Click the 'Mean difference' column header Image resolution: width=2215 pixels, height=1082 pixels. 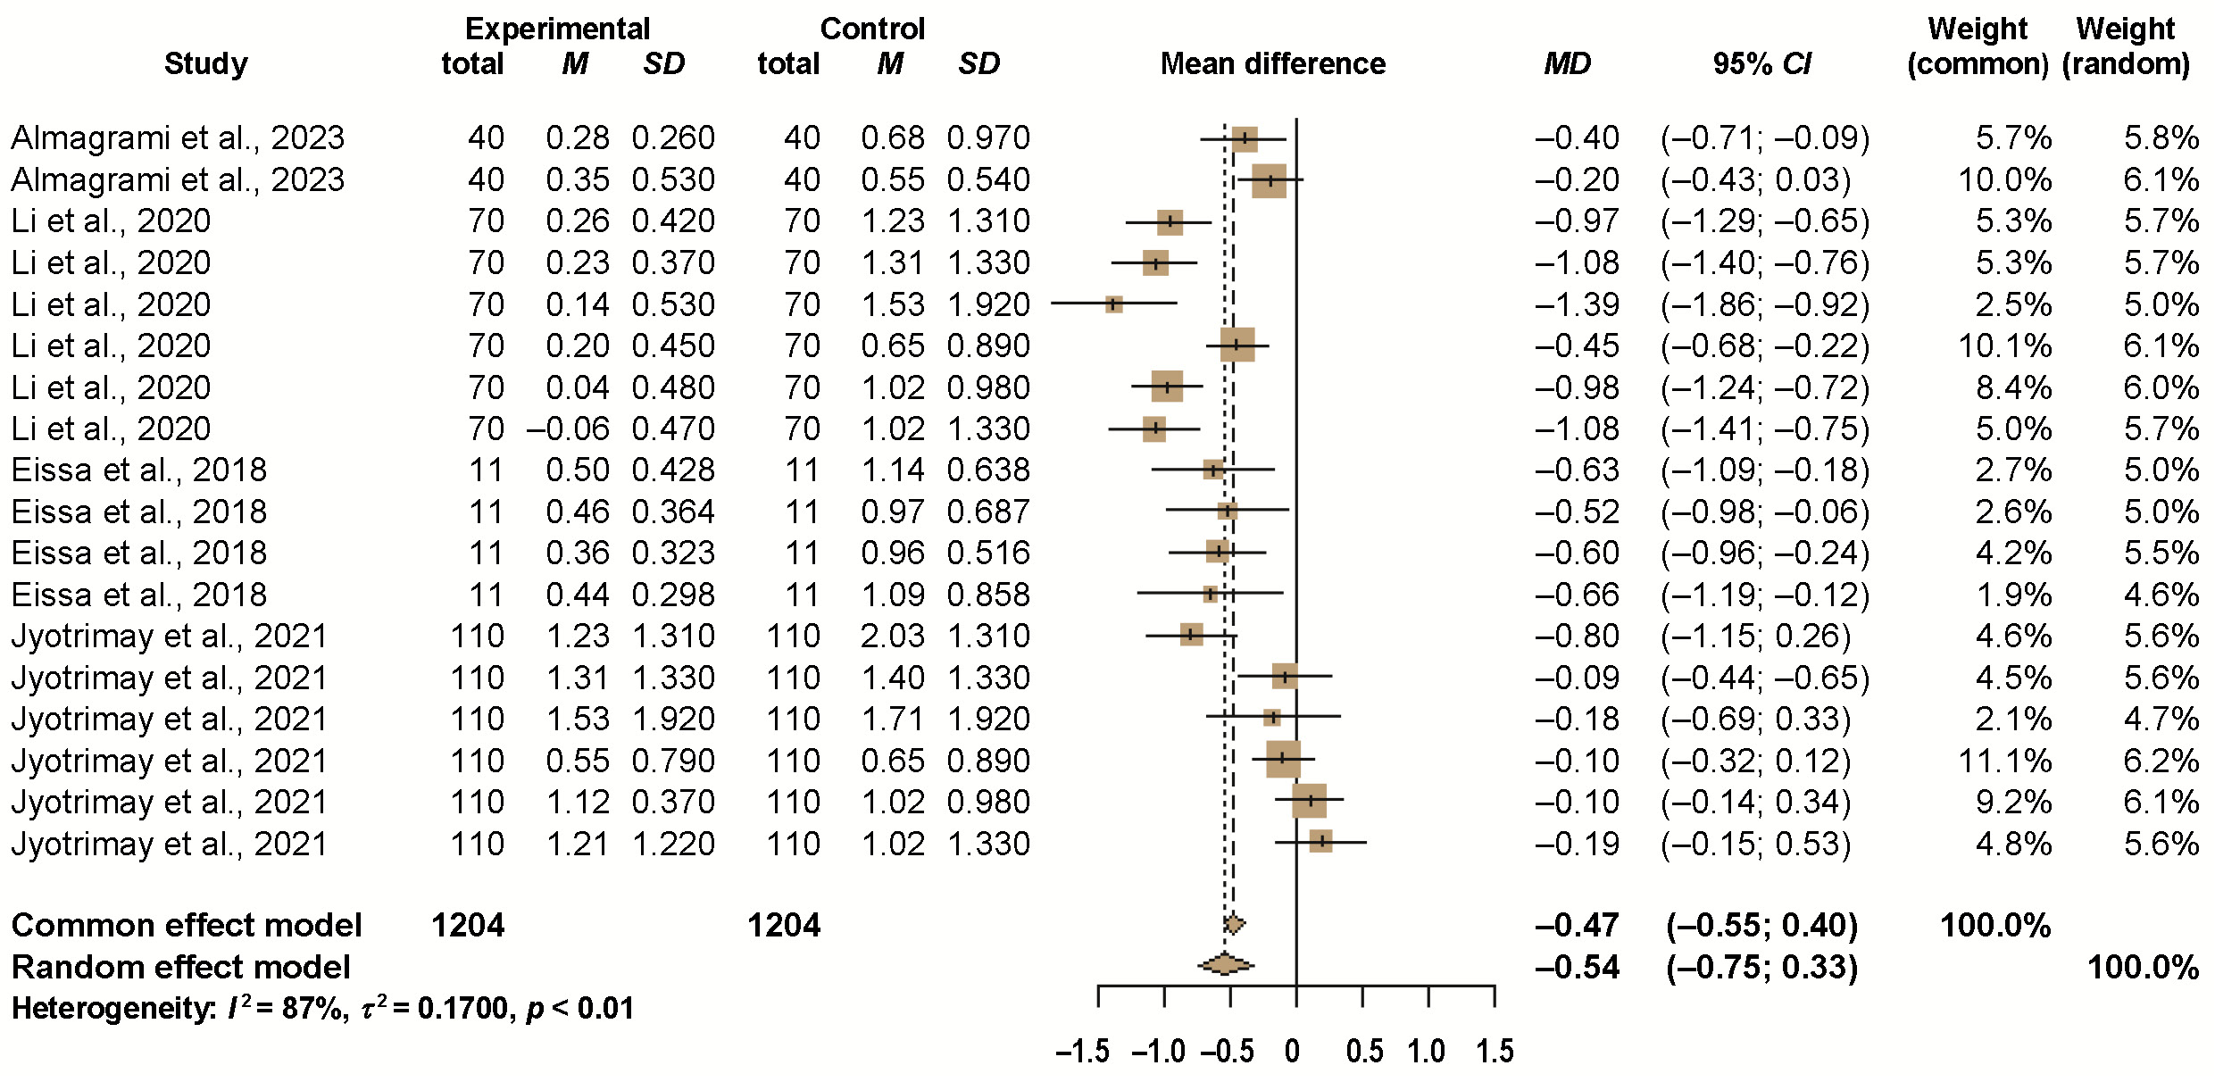click(x=1272, y=63)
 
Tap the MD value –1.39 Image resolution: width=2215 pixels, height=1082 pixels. click(x=1577, y=304)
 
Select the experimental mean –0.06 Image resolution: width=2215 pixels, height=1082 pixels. click(x=568, y=429)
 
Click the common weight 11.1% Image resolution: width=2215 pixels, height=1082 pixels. click(x=2004, y=761)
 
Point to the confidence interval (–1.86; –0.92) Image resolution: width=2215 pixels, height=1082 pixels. click(x=1765, y=304)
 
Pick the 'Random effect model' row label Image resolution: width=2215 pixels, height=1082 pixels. click(x=181, y=967)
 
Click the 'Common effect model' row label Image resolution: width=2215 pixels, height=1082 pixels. click(x=187, y=925)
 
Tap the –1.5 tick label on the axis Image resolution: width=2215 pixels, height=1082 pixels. click(x=1082, y=1051)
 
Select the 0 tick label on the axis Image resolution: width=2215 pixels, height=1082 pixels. click(x=1292, y=1051)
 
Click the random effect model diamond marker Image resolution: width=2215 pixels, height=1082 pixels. click(x=1226, y=964)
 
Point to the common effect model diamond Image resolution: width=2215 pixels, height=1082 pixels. click(x=1234, y=924)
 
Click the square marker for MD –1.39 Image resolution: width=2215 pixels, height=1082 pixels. click(x=1113, y=304)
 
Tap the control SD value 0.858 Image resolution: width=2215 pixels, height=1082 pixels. click(x=988, y=595)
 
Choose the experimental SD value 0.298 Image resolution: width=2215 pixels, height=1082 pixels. click(x=673, y=595)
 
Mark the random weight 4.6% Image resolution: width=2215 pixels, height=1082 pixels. click(x=2161, y=595)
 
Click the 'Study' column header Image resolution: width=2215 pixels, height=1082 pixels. click(x=205, y=64)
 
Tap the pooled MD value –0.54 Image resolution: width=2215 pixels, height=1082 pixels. click(x=1577, y=967)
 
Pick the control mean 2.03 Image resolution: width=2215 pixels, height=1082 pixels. click(x=893, y=636)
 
